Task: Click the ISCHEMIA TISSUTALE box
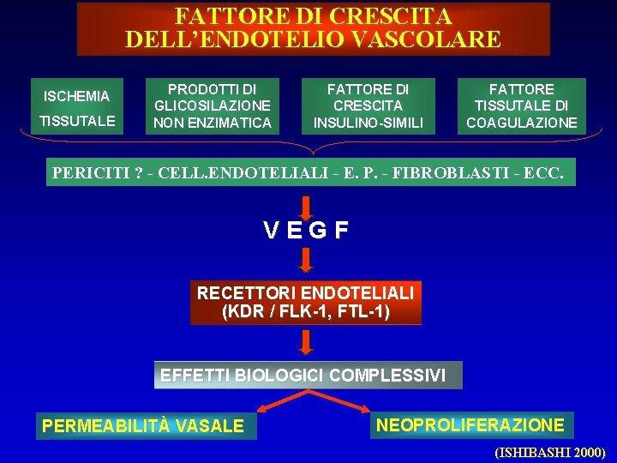pos(77,108)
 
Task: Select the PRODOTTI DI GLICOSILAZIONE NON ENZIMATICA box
pos(213,106)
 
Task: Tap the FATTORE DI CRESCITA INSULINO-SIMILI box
pos(368,106)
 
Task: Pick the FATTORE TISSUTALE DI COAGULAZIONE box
pos(521,106)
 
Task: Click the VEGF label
pos(306,230)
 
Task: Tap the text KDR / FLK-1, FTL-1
pos(306,310)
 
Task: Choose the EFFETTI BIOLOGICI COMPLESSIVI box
pos(306,375)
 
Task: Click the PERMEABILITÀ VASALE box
pos(144,426)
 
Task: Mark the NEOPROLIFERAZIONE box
pos(470,424)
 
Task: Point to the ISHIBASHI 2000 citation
pos(549,452)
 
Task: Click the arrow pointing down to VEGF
pos(306,204)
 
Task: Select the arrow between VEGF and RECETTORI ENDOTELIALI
pos(306,259)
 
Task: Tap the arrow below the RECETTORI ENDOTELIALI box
pos(306,341)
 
